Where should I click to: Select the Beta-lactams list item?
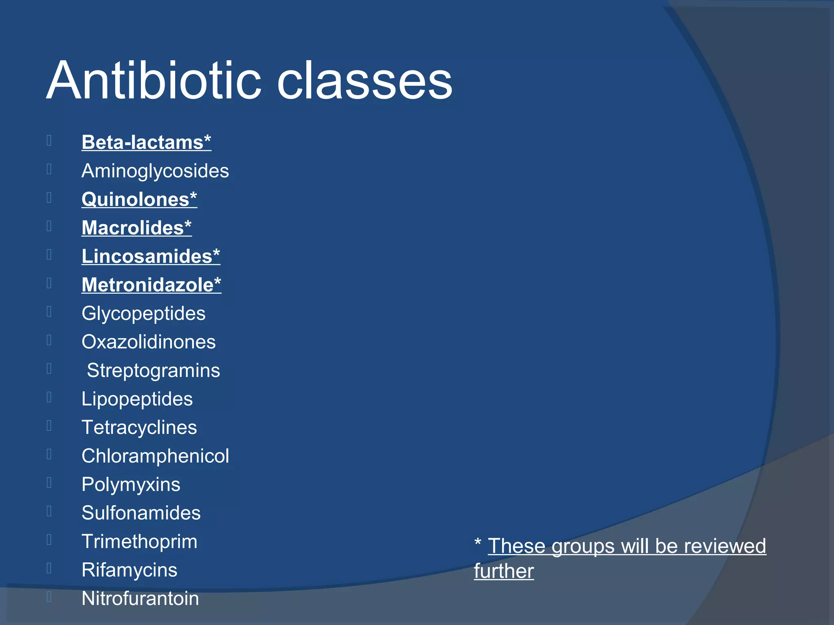(x=146, y=142)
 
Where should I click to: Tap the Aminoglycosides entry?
(x=155, y=171)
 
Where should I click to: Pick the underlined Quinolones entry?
(x=139, y=199)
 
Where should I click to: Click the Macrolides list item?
(x=136, y=228)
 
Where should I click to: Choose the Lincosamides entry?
(x=151, y=256)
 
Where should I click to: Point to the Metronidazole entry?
(x=151, y=285)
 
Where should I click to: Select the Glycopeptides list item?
(x=143, y=314)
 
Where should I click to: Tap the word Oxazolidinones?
(x=149, y=342)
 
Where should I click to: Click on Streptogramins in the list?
(x=154, y=371)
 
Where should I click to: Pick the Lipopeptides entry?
(x=137, y=399)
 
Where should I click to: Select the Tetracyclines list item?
(x=139, y=428)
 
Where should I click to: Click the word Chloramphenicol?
(x=155, y=456)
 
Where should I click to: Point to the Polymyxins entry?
(x=131, y=485)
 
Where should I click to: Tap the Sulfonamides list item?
(x=141, y=513)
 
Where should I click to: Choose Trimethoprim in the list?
(x=139, y=542)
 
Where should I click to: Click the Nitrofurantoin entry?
(x=140, y=599)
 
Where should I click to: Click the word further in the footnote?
(x=504, y=571)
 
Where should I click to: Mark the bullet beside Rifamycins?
(x=49, y=568)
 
